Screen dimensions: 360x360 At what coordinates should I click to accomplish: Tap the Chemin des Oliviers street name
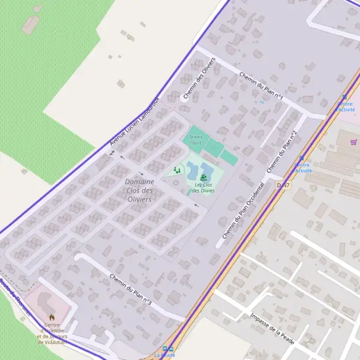coord(199,80)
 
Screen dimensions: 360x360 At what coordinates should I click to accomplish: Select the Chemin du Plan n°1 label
coord(261,86)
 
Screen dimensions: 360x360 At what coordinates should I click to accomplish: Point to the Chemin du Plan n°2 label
coord(282,150)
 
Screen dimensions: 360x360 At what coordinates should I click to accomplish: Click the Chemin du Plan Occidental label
coord(243,211)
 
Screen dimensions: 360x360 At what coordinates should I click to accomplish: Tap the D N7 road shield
coord(283,185)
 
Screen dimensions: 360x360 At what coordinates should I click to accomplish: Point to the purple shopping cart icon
coord(353,142)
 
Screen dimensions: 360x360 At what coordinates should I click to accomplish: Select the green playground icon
coord(176,170)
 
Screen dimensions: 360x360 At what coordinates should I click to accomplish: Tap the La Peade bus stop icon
coord(168,348)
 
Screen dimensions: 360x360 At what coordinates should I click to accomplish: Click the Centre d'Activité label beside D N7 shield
coord(302,167)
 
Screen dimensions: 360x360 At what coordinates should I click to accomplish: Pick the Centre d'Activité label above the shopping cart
coord(346,106)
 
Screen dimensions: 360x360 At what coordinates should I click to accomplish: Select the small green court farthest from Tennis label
coord(229,158)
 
